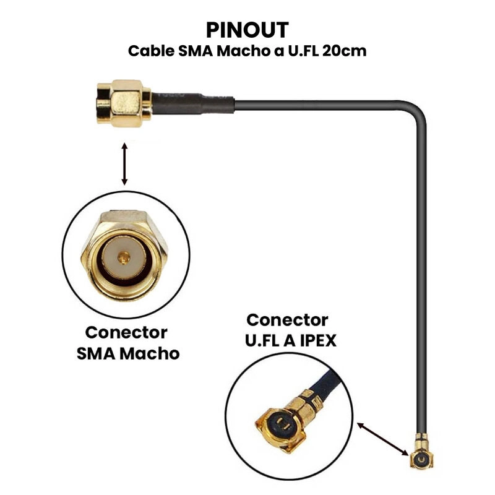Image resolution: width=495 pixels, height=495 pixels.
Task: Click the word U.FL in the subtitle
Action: coord(300,51)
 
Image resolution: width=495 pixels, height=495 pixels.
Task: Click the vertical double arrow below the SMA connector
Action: coord(125,164)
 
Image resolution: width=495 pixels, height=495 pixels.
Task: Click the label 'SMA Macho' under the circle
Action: coord(128,353)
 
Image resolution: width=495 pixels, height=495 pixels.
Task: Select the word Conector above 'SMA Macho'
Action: coord(126,332)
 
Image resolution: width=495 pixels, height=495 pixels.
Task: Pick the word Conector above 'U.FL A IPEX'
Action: coord(287,320)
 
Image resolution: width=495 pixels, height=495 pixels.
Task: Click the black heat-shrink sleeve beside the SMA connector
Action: coord(192,101)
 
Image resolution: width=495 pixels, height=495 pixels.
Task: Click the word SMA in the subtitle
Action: coord(194,51)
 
